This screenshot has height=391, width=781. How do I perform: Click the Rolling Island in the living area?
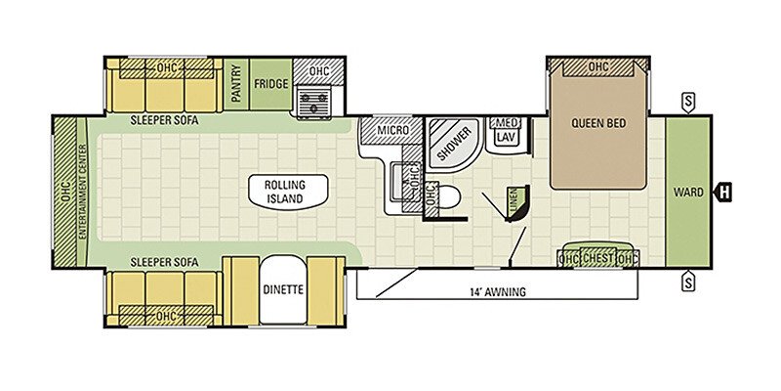pyautogui.click(x=288, y=192)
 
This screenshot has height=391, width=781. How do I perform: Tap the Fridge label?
pyautogui.click(x=271, y=84)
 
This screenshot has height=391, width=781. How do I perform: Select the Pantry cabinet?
pyautogui.click(x=235, y=84)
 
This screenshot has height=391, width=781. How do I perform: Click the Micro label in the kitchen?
pyautogui.click(x=392, y=130)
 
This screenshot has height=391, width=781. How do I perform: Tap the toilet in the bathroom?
pyautogui.click(x=448, y=197)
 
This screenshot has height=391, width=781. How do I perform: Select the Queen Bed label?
pyautogui.click(x=598, y=123)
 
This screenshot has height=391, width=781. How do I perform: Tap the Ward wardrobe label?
pyautogui.click(x=688, y=192)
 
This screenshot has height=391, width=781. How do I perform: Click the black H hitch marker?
pyautogui.click(x=723, y=192)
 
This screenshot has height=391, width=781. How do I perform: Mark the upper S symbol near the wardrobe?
pyautogui.click(x=688, y=103)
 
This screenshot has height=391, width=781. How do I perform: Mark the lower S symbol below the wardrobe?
pyautogui.click(x=688, y=282)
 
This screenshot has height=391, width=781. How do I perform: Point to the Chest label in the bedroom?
pyautogui.click(x=597, y=258)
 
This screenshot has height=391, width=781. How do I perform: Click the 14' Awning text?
pyautogui.click(x=498, y=292)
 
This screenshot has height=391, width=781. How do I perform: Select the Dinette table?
pyautogui.click(x=282, y=289)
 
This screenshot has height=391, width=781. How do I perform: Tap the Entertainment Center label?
pyautogui.click(x=82, y=192)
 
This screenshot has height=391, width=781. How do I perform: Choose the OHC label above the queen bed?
pyautogui.click(x=598, y=66)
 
